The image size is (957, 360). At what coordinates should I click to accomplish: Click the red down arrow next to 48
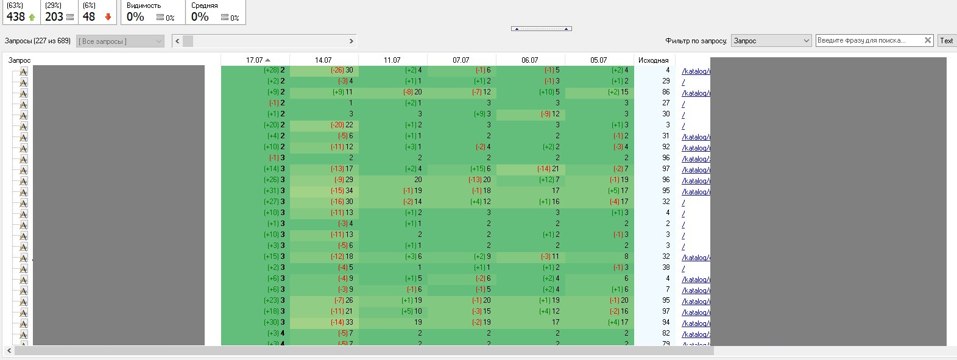[108, 17]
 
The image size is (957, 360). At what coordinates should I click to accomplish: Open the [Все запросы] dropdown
[121, 41]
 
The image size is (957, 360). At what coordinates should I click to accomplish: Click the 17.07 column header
[255, 60]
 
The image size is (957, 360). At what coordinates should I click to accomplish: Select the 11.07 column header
[392, 60]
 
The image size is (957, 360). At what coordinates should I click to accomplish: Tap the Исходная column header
[653, 60]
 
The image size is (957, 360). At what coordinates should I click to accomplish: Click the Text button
[946, 40]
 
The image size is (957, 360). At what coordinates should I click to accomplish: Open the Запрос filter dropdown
[771, 40]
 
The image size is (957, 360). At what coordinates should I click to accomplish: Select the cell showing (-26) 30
[342, 70]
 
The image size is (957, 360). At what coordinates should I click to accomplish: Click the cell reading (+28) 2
[274, 70]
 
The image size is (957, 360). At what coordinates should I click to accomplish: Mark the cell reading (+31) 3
[274, 191]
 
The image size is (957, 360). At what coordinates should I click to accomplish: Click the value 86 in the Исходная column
[666, 92]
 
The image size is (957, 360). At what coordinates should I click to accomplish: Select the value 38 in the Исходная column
[666, 267]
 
